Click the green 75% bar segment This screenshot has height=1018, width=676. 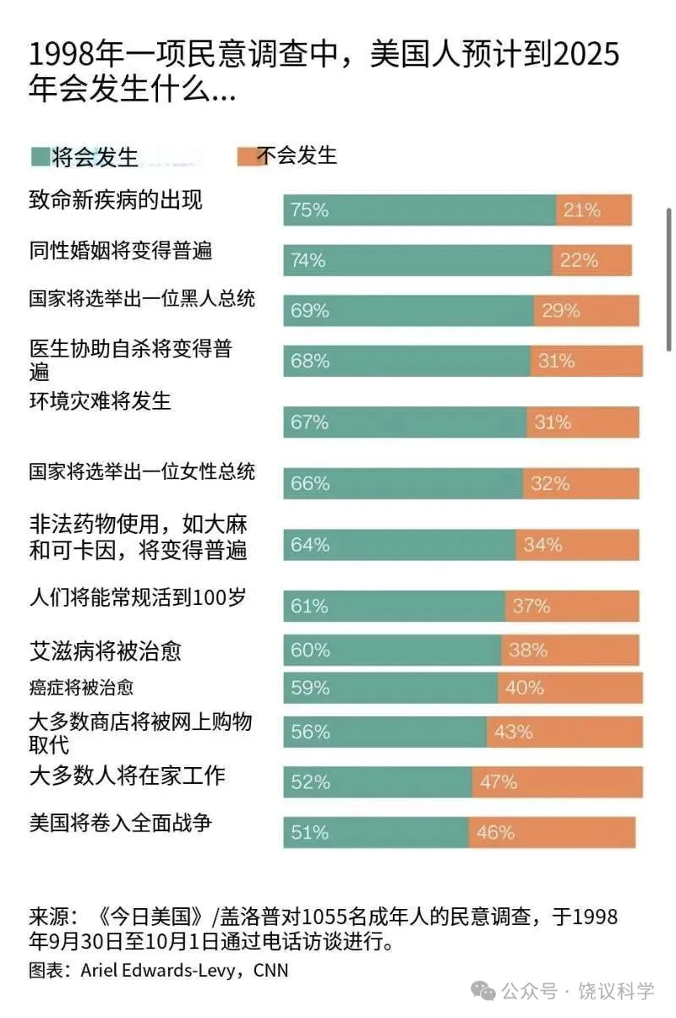(419, 210)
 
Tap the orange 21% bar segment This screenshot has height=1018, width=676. (593, 210)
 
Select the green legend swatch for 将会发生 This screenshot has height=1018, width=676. (40, 156)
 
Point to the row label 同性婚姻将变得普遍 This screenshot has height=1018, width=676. (120, 251)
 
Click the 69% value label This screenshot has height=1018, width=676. (309, 311)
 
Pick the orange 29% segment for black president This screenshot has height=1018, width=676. (586, 311)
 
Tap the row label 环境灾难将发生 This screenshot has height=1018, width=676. (100, 400)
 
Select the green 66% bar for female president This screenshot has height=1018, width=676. (402, 483)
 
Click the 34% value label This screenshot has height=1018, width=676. (542, 545)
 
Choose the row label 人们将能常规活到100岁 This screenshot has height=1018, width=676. (138, 599)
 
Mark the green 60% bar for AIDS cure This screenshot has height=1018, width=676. (392, 650)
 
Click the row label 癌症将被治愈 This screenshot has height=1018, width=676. (81, 688)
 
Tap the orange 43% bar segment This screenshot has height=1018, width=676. (564, 732)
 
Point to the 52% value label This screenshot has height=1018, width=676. (309, 782)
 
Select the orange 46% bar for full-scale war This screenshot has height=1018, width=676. (551, 832)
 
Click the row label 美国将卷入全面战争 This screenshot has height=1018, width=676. (120, 822)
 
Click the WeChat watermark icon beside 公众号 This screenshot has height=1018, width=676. (484, 991)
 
